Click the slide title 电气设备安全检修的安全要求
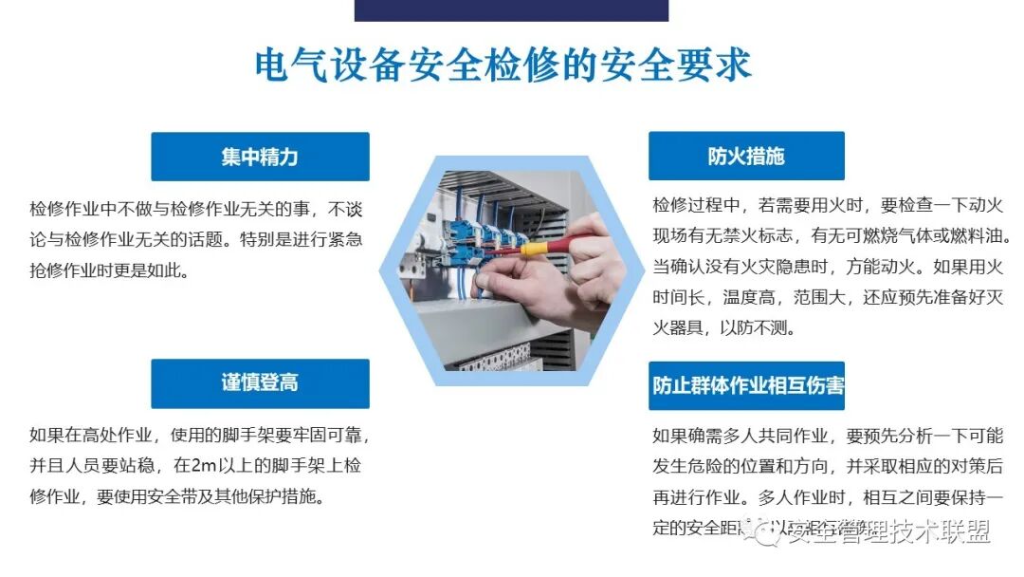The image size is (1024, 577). tap(503, 65)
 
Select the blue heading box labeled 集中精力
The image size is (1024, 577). tap(260, 157)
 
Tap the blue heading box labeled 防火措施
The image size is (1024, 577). tap(746, 157)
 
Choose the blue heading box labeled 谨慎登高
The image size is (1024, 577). tap(260, 382)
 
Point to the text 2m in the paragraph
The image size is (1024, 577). tap(205, 466)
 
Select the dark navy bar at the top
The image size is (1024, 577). tap(511, 9)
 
